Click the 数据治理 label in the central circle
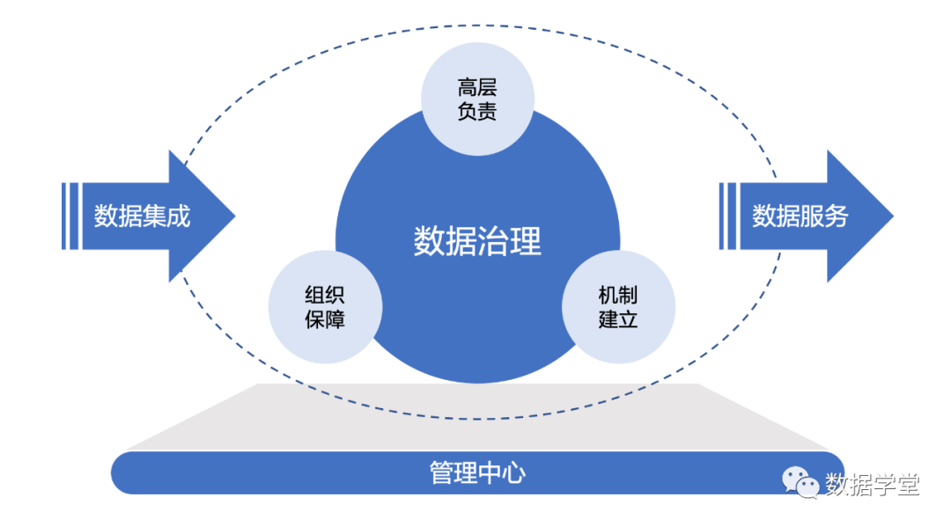pyautogui.click(x=477, y=240)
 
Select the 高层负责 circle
pyautogui.click(x=477, y=99)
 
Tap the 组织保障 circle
pyautogui.click(x=325, y=307)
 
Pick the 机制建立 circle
pyautogui.click(x=618, y=307)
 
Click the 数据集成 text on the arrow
pyautogui.click(x=142, y=216)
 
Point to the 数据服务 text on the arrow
pyautogui.click(x=800, y=216)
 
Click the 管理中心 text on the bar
pyautogui.click(x=477, y=473)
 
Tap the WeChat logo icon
pyautogui.click(x=800, y=481)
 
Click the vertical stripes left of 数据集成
pyautogui.click(x=70, y=216)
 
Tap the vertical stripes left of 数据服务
pyautogui.click(x=728, y=216)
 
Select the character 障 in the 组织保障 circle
pyautogui.click(x=335, y=319)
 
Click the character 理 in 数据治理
pyautogui.click(x=526, y=240)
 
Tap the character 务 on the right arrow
pyautogui.click(x=836, y=216)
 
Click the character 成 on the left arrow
pyautogui.click(x=178, y=216)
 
